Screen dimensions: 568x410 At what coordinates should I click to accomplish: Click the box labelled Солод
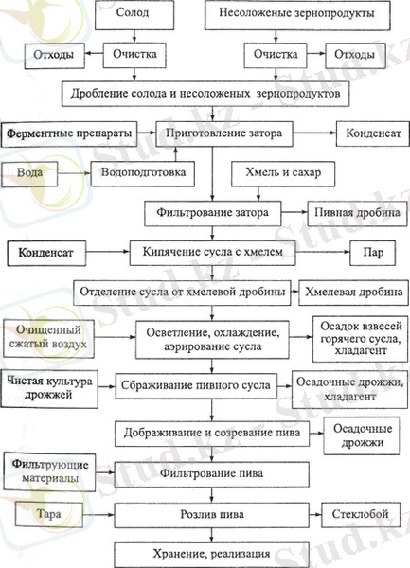[130, 15]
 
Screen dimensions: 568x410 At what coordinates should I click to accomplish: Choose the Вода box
[37, 175]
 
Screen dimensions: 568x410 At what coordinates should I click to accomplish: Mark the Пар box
[365, 254]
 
